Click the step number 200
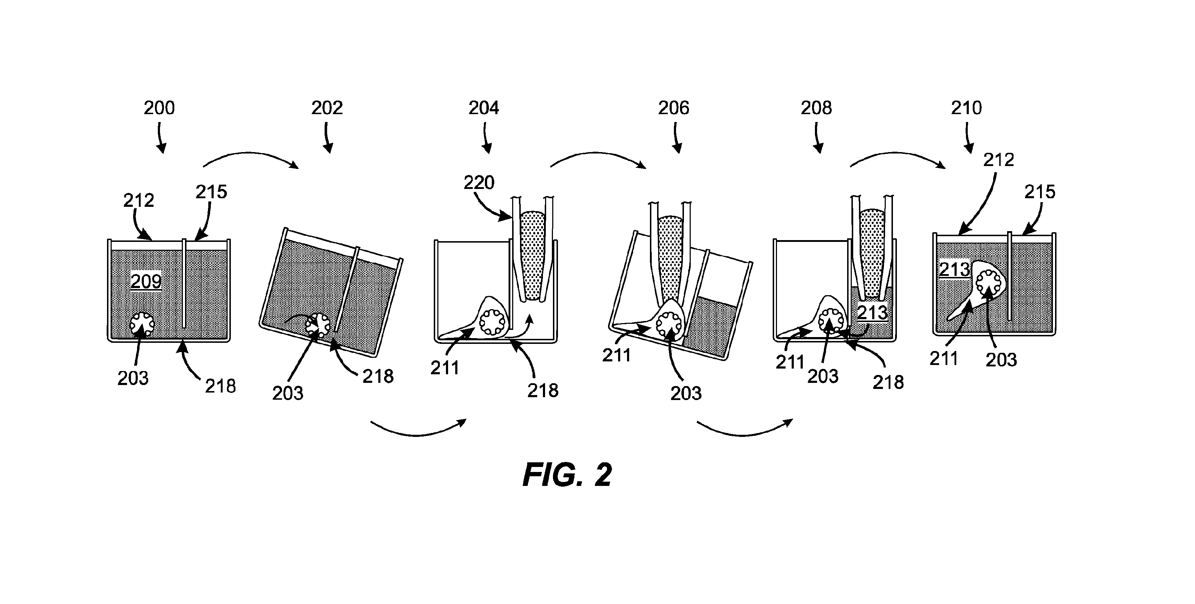(x=159, y=108)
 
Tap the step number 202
(x=327, y=108)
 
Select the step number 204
(x=484, y=108)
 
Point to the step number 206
(x=674, y=108)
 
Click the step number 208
(x=816, y=108)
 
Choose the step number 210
(x=967, y=108)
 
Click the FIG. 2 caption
(x=567, y=474)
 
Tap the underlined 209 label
(x=146, y=281)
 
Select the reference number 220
(x=479, y=182)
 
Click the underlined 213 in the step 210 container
(x=955, y=269)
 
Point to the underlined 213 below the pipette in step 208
(x=873, y=313)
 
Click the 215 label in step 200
(x=211, y=191)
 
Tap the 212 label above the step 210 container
(x=999, y=160)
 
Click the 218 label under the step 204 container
(x=543, y=391)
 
